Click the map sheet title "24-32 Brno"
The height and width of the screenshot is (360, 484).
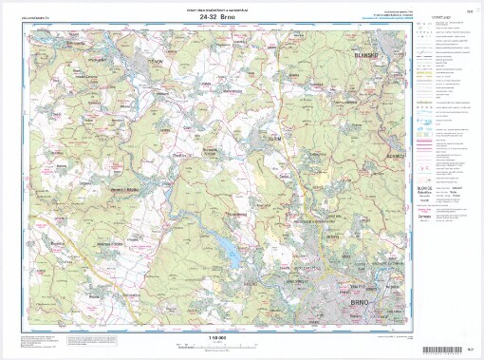[x=219, y=17]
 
